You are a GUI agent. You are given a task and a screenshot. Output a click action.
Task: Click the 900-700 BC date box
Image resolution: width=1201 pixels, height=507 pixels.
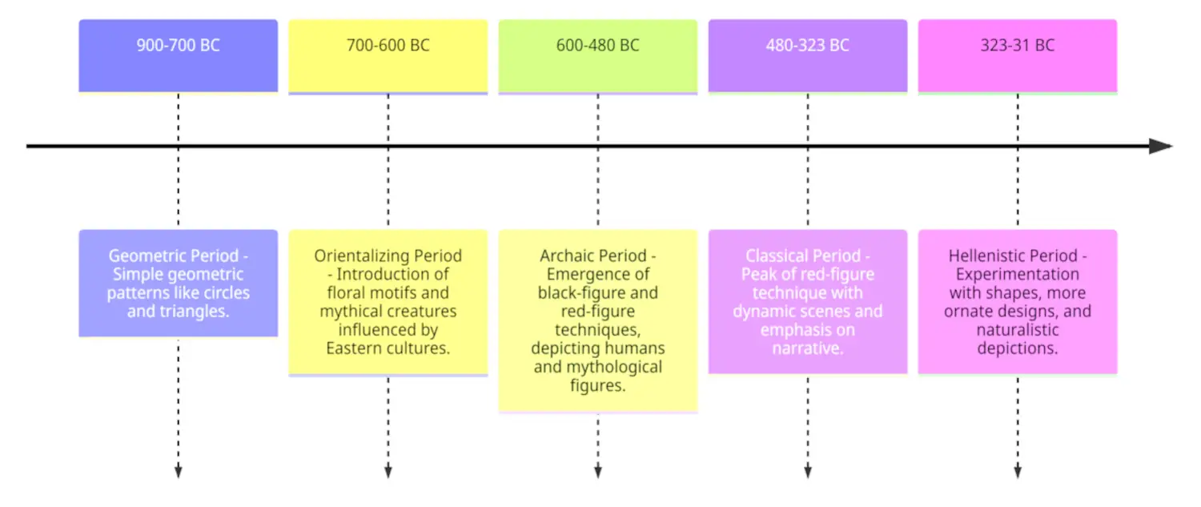pyautogui.click(x=178, y=56)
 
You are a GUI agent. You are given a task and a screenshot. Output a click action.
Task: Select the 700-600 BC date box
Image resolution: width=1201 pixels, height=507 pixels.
pyautogui.click(x=388, y=56)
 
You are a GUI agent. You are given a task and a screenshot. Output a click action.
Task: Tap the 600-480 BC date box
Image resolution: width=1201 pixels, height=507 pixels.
pyautogui.click(x=598, y=56)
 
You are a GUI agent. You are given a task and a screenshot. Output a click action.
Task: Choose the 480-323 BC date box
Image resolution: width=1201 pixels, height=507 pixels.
pyautogui.click(x=807, y=56)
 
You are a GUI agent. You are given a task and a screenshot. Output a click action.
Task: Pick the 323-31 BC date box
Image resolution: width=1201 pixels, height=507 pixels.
pyautogui.click(x=1018, y=56)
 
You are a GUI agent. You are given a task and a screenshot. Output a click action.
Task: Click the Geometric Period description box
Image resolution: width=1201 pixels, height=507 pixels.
pyautogui.click(x=178, y=284)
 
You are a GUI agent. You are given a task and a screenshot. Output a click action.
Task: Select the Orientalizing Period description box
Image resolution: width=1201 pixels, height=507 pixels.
pyautogui.click(x=388, y=302)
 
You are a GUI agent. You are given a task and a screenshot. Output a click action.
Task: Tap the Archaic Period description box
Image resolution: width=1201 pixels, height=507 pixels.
pyautogui.click(x=598, y=321)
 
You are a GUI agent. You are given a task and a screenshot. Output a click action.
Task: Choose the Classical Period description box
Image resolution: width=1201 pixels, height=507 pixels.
pyautogui.click(x=807, y=302)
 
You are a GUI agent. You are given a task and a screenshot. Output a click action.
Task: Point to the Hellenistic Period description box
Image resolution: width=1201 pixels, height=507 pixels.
pyautogui.click(x=1018, y=302)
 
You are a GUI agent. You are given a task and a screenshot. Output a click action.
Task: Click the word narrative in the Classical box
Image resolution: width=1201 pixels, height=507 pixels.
pyautogui.click(x=807, y=348)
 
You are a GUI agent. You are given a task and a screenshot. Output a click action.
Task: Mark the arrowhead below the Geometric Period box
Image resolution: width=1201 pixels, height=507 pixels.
pyautogui.click(x=178, y=472)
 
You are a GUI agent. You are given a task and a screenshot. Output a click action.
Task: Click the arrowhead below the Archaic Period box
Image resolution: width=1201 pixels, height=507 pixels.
pyautogui.click(x=598, y=472)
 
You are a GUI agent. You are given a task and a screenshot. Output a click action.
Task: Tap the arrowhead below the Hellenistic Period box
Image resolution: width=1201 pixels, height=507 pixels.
pyautogui.click(x=1018, y=472)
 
